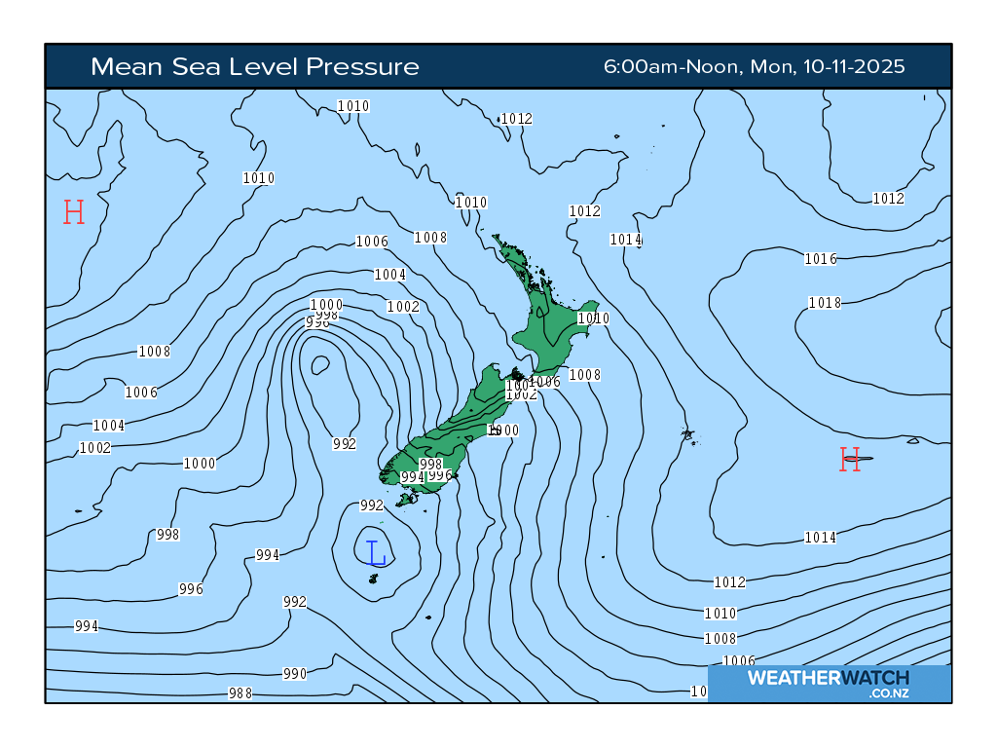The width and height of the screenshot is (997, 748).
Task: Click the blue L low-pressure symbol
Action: (x=377, y=552)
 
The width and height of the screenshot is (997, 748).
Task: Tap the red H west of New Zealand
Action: (x=74, y=212)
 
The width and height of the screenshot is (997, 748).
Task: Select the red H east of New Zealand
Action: (x=850, y=460)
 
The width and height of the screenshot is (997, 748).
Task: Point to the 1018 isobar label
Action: (x=825, y=303)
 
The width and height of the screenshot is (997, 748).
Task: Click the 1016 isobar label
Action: (x=821, y=259)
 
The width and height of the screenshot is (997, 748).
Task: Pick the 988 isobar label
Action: (x=240, y=693)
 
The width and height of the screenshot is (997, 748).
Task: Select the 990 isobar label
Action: (x=295, y=674)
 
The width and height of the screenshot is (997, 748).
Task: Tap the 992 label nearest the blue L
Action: (x=372, y=505)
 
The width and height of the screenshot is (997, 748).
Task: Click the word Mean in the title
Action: (x=123, y=66)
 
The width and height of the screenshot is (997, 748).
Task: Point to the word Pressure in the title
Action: (x=362, y=66)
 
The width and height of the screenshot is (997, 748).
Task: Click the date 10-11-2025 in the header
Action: (x=854, y=66)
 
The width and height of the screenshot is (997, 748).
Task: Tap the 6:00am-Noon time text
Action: (x=673, y=66)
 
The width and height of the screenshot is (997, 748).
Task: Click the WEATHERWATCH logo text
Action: (x=828, y=677)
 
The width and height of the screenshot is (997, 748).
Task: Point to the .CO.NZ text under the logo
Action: (x=889, y=693)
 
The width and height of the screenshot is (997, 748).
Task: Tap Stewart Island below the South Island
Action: (x=406, y=499)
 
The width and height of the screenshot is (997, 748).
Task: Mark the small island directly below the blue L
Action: (x=373, y=580)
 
